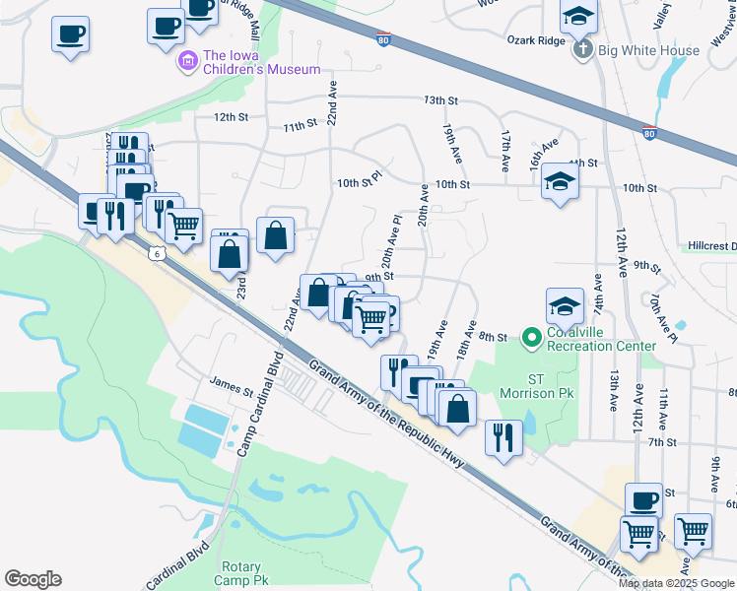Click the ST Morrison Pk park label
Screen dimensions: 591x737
click(536, 386)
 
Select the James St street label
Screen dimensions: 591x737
click(232, 381)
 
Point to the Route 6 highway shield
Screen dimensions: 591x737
click(157, 253)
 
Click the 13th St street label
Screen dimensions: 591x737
click(441, 100)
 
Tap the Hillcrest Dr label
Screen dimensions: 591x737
click(712, 245)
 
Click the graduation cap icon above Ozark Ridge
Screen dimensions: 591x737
click(578, 16)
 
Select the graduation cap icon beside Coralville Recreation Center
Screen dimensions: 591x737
click(566, 305)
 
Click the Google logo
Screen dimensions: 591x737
click(33, 579)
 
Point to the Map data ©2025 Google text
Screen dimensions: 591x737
click(676, 583)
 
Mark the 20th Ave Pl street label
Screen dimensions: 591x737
click(391, 243)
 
